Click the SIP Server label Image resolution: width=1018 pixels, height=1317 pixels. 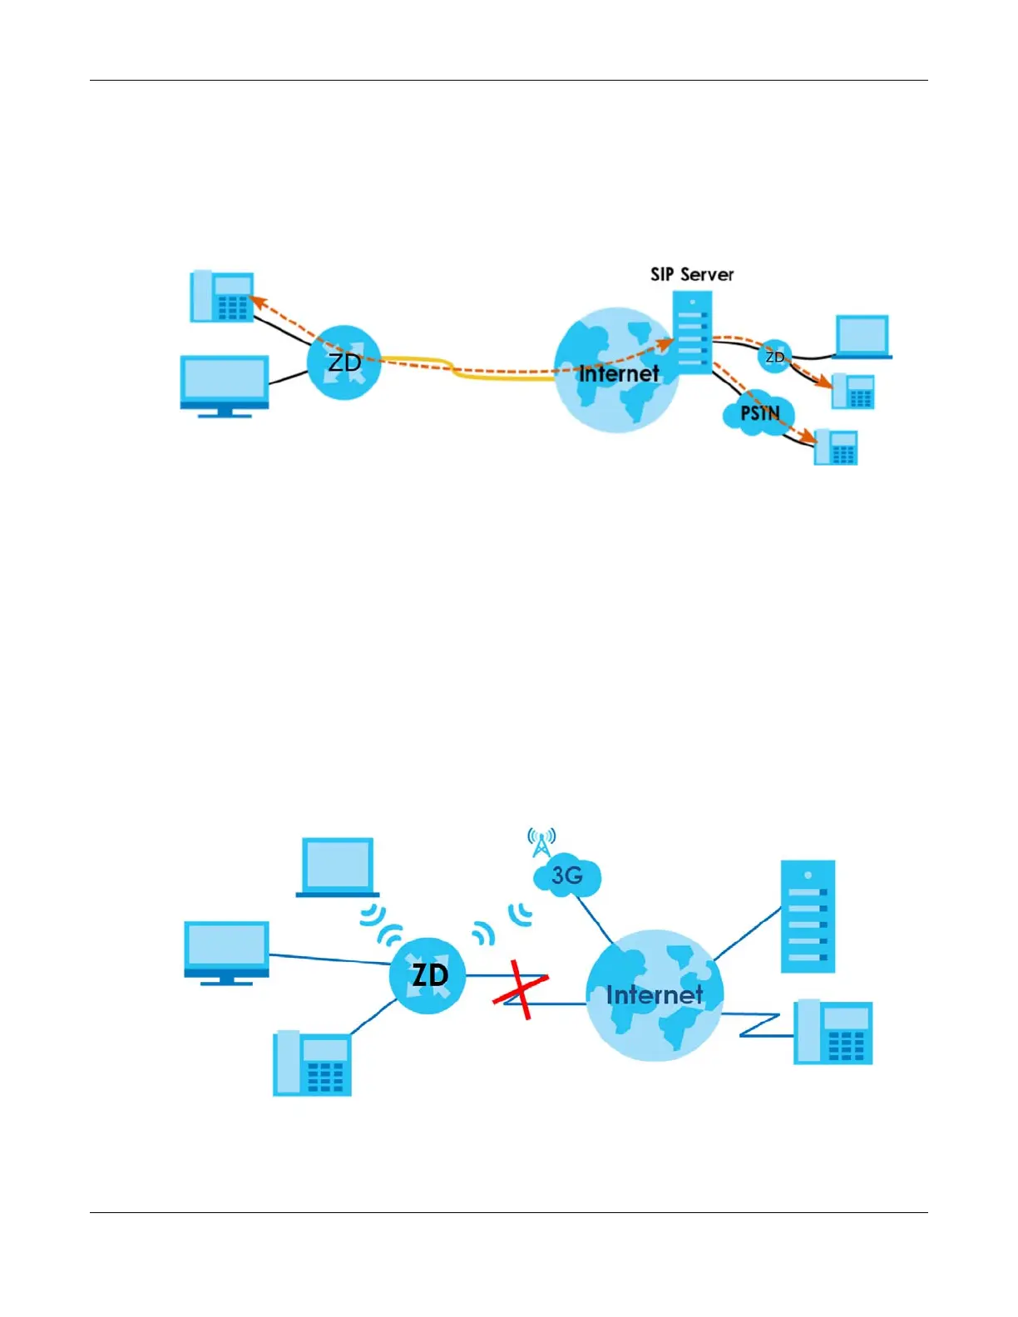(692, 274)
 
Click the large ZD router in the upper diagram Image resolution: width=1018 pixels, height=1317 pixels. (344, 363)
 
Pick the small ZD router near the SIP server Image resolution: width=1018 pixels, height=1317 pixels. (774, 357)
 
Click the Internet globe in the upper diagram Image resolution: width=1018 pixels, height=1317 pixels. (617, 371)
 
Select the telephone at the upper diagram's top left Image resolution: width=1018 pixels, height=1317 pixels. (222, 296)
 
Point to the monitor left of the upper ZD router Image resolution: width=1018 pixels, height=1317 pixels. (225, 385)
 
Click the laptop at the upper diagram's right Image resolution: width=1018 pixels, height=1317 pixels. (862, 337)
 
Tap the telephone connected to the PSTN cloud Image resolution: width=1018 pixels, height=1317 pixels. (836, 447)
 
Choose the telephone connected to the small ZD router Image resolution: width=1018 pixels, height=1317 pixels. (853, 391)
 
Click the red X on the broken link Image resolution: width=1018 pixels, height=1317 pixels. (521, 989)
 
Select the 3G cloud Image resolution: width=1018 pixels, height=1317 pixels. (566, 876)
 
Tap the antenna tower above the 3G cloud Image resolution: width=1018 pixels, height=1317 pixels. (541, 841)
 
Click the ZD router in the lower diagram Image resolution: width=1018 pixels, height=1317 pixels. (428, 975)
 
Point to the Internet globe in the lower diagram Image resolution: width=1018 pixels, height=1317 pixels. (655, 994)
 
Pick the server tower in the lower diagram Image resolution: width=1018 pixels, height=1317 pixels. (808, 916)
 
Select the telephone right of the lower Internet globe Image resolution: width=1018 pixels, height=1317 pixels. (833, 1032)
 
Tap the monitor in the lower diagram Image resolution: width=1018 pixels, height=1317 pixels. (226, 952)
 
